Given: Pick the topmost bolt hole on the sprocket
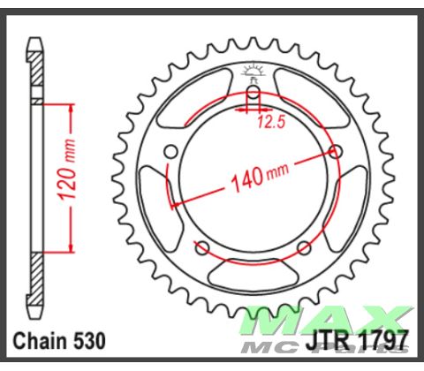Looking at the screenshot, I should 254,92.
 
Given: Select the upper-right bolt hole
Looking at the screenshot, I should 336,151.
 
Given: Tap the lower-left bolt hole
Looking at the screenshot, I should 203,246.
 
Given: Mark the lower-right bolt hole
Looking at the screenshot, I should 305,246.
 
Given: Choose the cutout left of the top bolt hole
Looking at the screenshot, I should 203,97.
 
